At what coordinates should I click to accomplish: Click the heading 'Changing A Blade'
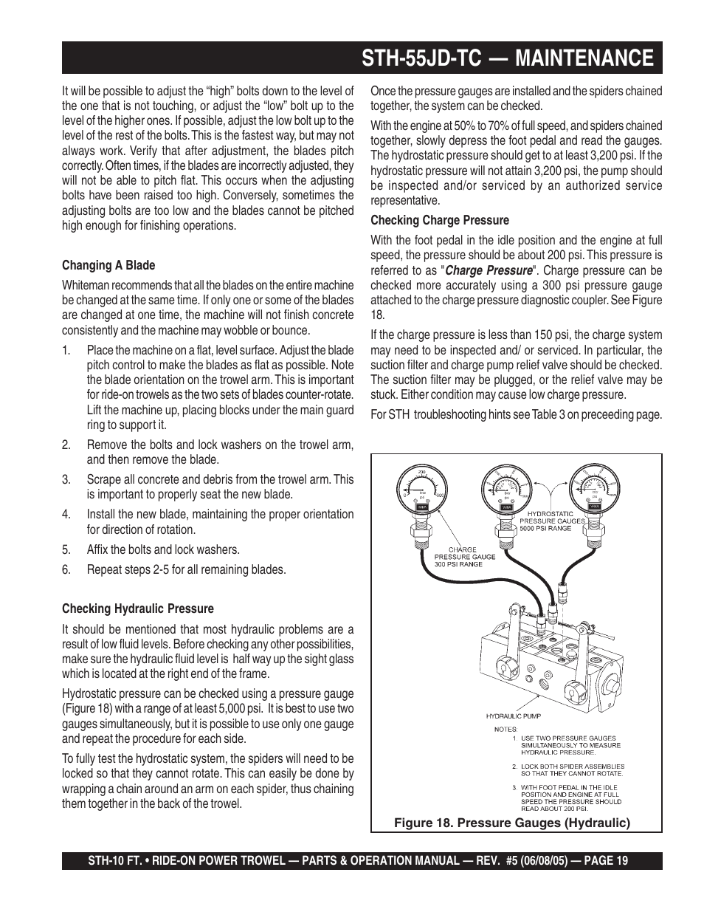pos(108,265)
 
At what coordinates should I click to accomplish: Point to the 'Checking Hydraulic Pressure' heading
pos(137,608)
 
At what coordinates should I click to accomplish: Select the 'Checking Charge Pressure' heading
pos(440,220)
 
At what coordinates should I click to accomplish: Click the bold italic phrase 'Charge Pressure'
pos(489,270)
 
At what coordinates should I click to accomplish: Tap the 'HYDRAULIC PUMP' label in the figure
pos(513,716)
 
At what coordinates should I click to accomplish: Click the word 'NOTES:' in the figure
pos(505,729)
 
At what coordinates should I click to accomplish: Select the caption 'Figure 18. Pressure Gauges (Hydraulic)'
pos(511,823)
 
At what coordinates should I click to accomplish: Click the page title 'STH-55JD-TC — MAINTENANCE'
pos(508,58)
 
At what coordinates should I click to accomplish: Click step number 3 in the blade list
pos(66,479)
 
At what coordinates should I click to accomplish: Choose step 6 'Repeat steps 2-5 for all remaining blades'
pos(186,569)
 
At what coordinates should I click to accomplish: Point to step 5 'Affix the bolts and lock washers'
pos(163,549)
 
